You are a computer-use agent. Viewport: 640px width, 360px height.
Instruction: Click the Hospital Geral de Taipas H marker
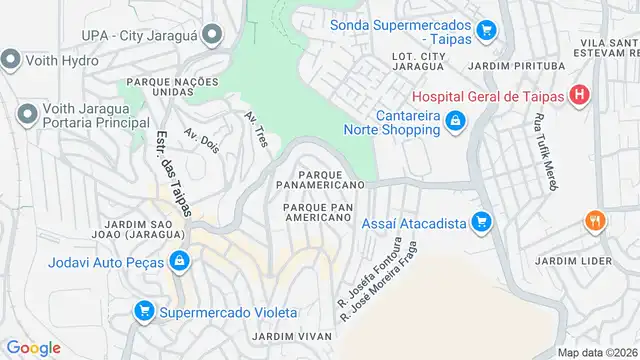tap(577, 96)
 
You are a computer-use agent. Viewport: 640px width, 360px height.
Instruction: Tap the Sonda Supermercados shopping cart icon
tap(486, 30)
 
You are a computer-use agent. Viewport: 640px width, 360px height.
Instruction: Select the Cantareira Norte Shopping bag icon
tap(455, 121)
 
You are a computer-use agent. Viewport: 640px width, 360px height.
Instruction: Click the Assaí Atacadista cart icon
tap(481, 221)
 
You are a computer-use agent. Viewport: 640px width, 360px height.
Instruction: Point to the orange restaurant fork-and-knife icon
tap(596, 222)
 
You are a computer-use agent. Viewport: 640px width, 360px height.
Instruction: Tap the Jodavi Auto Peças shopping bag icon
tap(178, 262)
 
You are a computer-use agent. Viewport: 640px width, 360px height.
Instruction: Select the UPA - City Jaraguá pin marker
tap(210, 35)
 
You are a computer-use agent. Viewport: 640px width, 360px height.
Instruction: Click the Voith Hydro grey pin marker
tap(11, 60)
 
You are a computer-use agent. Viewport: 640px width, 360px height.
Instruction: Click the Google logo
tap(33, 347)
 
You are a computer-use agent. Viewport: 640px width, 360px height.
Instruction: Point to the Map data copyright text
tap(597, 352)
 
